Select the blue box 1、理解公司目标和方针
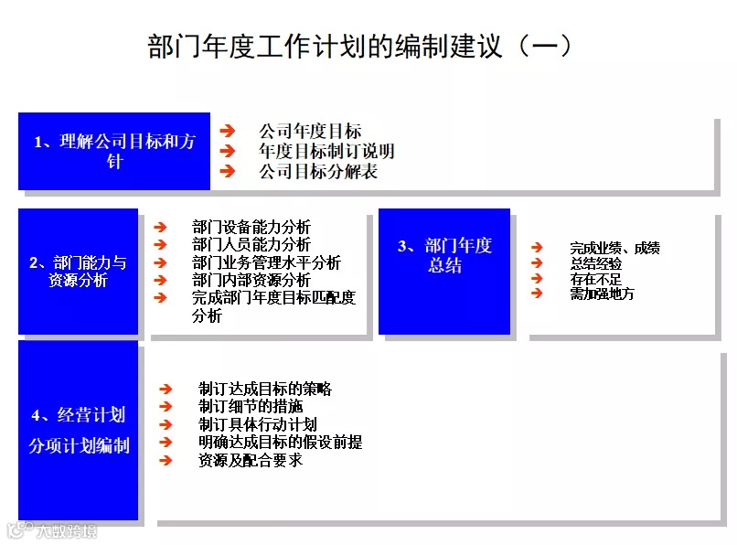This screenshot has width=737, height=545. tap(114, 152)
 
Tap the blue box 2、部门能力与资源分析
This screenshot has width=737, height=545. tap(78, 272)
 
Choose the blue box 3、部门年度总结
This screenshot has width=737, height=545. tap(444, 255)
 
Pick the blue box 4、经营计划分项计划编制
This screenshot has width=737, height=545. tap(78, 430)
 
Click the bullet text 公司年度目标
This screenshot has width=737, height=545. tap(310, 132)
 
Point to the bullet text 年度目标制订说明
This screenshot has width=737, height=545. tap(326, 152)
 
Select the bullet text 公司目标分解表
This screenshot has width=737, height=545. tap(318, 171)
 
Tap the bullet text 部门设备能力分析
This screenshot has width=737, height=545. tap(251, 227)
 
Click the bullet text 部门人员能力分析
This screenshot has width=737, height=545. tap(251, 244)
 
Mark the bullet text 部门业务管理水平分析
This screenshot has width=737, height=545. tap(267, 262)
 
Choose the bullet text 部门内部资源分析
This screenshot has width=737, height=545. tap(251, 280)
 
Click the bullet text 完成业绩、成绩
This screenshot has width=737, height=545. tap(614, 248)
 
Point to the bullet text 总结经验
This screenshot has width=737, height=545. tap(596, 263)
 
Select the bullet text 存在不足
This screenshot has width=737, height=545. tap(596, 278)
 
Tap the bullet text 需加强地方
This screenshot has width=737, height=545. tap(602, 294)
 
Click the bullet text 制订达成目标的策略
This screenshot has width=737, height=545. tap(264, 389)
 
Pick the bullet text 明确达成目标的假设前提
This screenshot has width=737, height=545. tap(280, 443)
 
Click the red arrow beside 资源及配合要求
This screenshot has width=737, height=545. tap(166, 460)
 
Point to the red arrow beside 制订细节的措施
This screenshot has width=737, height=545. tap(166, 407)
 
